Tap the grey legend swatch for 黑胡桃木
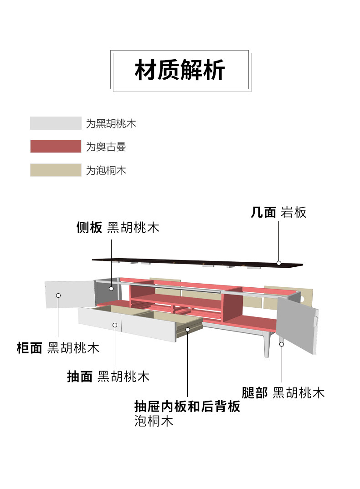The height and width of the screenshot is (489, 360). tap(56, 123)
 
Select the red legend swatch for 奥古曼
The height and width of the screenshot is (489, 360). tap(56, 147)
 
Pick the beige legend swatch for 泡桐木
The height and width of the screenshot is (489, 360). tap(56, 170)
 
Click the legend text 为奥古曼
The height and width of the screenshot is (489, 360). tap(106, 147)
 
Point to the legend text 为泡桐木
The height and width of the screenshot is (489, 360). tap(106, 171)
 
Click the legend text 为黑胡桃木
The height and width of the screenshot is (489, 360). tap(111, 123)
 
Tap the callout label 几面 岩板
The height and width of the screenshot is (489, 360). tap(278, 212)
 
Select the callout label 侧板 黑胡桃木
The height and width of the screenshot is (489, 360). tap(118, 228)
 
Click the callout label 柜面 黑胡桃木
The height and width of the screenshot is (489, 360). tap(58, 348)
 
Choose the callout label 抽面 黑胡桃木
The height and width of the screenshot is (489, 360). tap(108, 377)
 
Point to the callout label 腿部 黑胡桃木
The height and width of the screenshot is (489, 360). tap(283, 392)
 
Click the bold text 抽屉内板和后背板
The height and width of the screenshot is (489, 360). tap(187, 406)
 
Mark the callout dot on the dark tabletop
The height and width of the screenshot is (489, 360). tap(279, 263)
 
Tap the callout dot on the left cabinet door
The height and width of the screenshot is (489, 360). tap(58, 295)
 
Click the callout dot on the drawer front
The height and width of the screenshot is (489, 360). tap(115, 325)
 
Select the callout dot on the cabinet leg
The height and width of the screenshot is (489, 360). tap(282, 344)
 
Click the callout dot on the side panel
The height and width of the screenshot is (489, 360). tap(111, 288)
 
